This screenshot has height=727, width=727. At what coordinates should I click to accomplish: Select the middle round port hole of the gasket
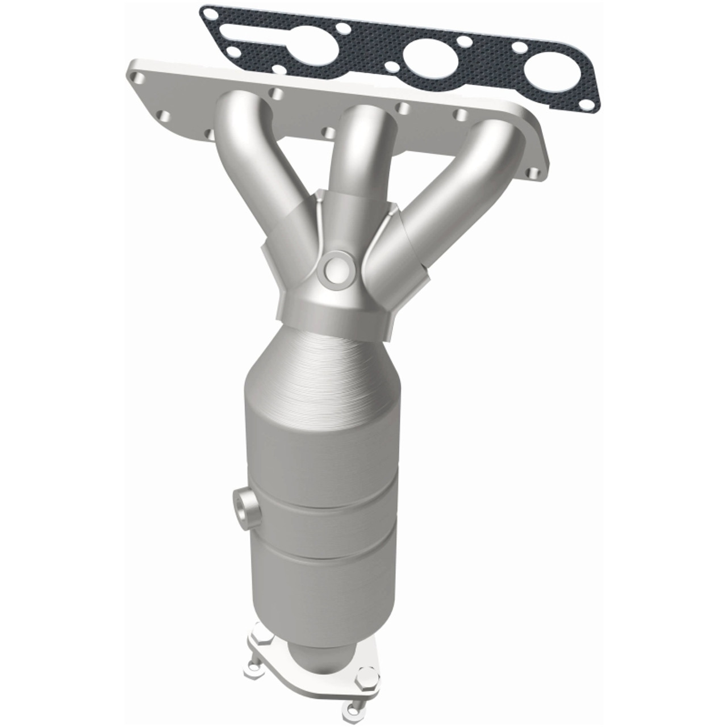425,57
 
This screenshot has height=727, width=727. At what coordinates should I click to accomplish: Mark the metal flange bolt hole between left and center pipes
277,91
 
